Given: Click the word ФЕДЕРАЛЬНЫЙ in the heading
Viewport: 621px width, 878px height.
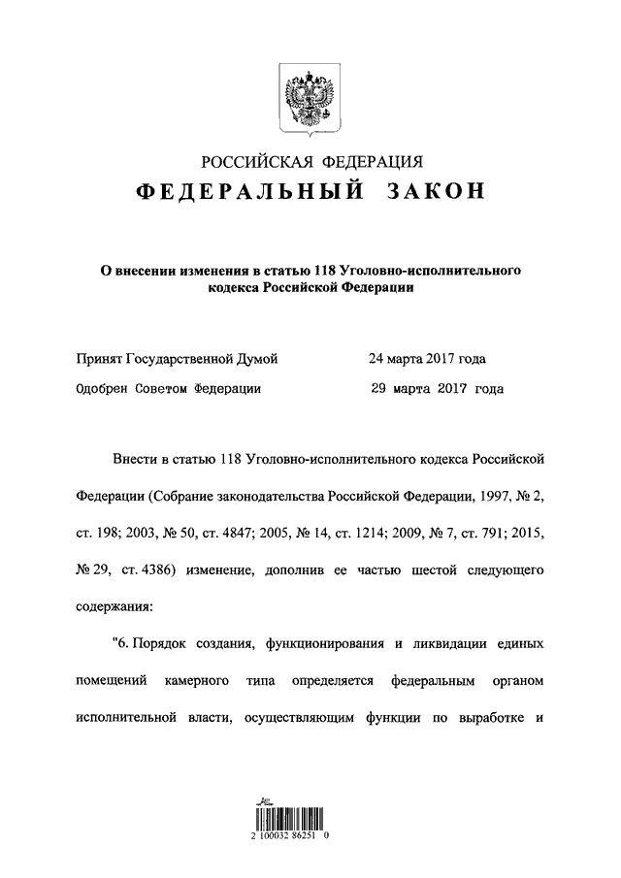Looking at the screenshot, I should pos(250,192).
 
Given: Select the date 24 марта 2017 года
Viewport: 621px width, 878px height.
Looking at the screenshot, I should pos(427,359).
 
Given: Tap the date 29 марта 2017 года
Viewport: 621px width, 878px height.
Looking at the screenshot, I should pos(439,389).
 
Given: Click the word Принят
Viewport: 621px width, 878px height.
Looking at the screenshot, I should pos(101,359).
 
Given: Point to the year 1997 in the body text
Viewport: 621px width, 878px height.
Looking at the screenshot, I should pos(496,496).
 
